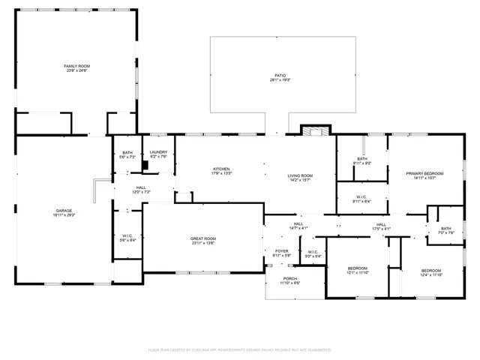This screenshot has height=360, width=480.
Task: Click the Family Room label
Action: click(x=76, y=66)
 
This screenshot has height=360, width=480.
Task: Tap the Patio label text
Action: click(x=280, y=75)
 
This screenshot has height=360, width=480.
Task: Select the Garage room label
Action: click(x=64, y=210)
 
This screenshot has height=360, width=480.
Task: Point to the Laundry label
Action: click(x=158, y=152)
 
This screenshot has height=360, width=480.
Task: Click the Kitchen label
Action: click(x=221, y=169)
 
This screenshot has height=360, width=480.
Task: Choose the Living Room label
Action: click(x=300, y=176)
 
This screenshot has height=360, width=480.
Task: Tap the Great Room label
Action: click(x=202, y=238)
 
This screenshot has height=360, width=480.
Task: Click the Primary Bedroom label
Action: click(x=424, y=173)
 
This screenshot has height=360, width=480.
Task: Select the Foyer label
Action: click(x=281, y=251)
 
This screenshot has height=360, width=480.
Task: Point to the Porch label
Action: click(x=290, y=279)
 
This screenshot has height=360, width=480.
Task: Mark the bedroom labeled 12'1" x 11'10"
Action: click(x=357, y=268)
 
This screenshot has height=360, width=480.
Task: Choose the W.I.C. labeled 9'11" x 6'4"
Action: click(x=361, y=198)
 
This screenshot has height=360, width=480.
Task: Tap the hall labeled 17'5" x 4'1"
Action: click(x=381, y=224)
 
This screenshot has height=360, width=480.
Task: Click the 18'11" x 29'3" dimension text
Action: click(x=64, y=215)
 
